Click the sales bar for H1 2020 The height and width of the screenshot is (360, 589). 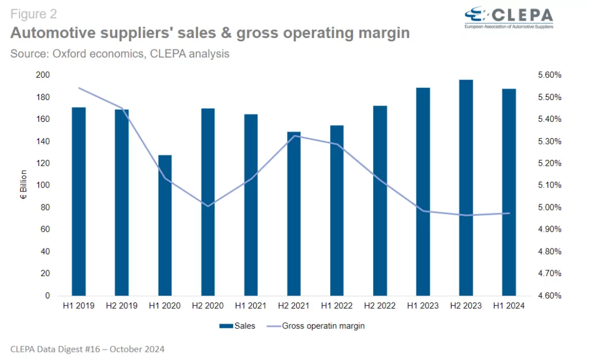(165, 225)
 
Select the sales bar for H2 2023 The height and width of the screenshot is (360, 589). (466, 187)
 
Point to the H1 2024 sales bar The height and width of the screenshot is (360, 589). (509, 192)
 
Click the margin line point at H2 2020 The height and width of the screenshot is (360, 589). (208, 206)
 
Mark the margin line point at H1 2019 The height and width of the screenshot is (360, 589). (79, 88)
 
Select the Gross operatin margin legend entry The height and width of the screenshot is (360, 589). (316, 326)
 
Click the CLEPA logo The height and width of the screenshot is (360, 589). (508, 17)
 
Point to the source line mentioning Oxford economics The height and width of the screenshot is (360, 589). (120, 54)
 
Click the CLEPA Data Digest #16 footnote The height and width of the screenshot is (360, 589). (88, 348)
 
